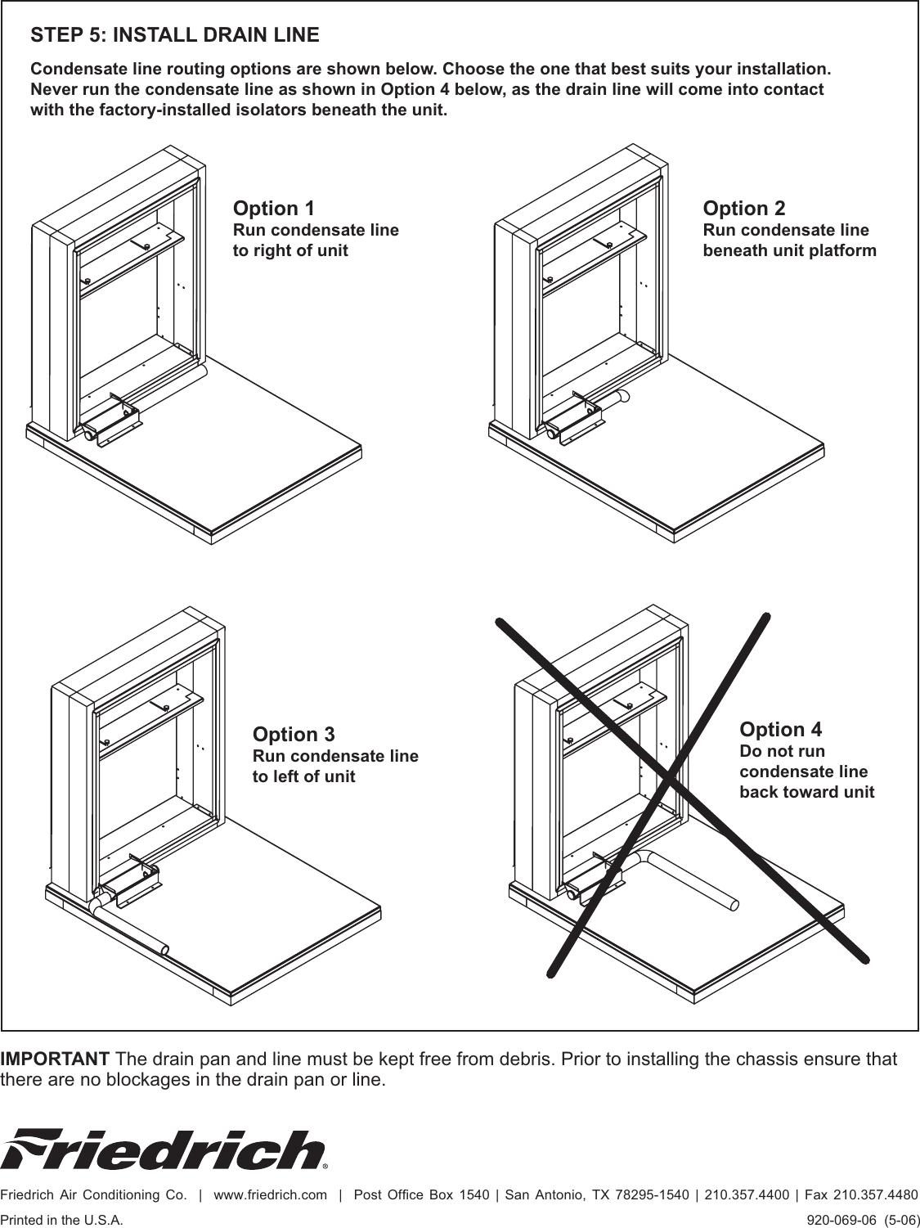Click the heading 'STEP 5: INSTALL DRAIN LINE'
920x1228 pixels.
pyautogui.click(x=174, y=36)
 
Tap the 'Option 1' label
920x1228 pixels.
pyautogui.click(x=273, y=209)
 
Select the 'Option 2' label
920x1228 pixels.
pyautogui.click(x=743, y=209)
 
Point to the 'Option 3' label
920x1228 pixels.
pyautogui.click(x=293, y=735)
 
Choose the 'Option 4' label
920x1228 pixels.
pyautogui.click(x=780, y=729)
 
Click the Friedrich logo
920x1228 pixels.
pyautogui.click(x=164, y=1149)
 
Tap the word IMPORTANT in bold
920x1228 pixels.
pyautogui.click(x=56, y=1059)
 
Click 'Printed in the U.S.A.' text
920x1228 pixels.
pyautogui.click(x=62, y=1219)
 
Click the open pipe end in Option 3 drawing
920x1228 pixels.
pyautogui.click(x=165, y=950)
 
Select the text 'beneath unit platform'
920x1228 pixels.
pyautogui.click(x=789, y=250)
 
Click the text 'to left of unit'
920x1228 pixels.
pyautogui.click(x=303, y=776)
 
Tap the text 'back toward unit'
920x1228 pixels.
pyautogui.click(x=806, y=792)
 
